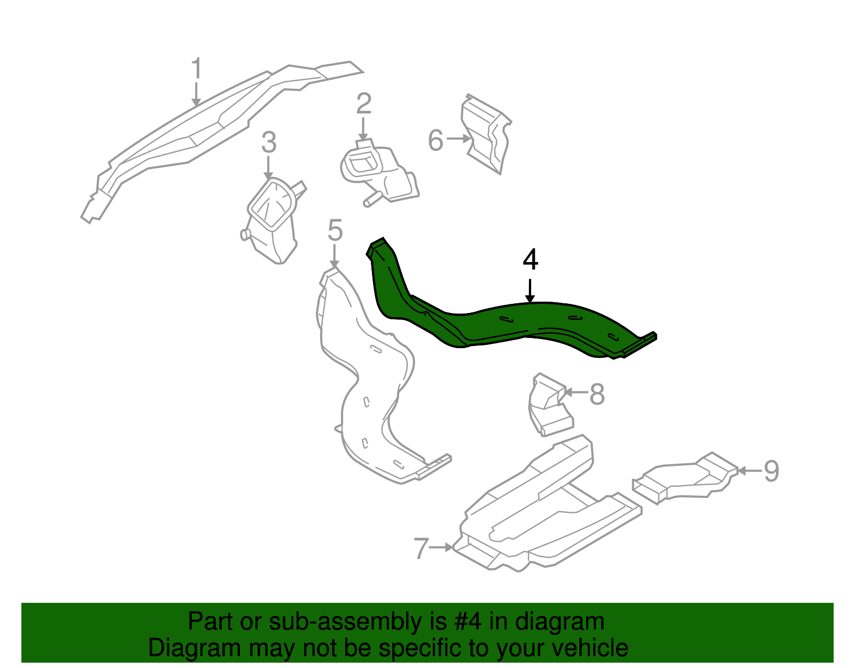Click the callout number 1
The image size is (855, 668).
coord(197,70)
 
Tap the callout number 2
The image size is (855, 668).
coord(363,104)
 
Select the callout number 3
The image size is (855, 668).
coord(269,142)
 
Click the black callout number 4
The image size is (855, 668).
coord(530,260)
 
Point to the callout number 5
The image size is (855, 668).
coord(335,231)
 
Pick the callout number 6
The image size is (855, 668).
coord(436,141)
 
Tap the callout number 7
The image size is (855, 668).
coord(421,548)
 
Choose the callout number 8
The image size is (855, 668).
coord(596,395)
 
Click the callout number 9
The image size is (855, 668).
coord(771,471)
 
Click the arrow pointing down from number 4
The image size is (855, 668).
coord(530,291)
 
